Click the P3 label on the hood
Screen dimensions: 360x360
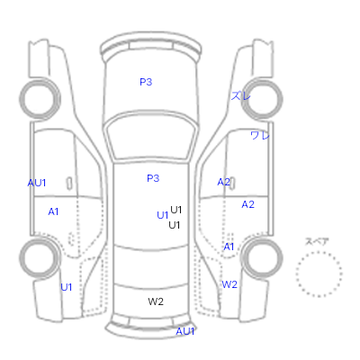coord(146,82)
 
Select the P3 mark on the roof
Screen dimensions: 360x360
coord(153,178)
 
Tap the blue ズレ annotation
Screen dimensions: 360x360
coord(240,96)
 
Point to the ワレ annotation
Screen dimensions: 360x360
coord(260,135)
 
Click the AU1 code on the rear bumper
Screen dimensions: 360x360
coord(185,331)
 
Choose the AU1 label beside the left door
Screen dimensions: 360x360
coord(37,183)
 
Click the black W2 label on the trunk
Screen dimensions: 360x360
coord(156,301)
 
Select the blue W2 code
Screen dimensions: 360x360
coord(229,284)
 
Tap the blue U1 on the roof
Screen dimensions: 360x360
coord(163,215)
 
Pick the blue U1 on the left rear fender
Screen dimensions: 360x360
coord(67,287)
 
